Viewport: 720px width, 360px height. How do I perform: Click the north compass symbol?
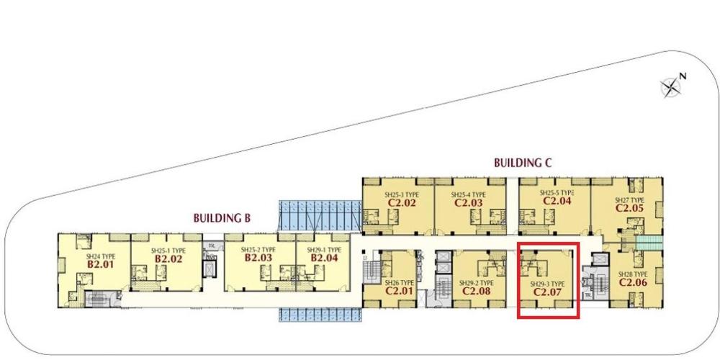click(x=671, y=86)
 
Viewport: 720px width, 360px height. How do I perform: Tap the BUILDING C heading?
click(x=523, y=163)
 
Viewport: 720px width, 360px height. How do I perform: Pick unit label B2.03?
click(x=258, y=258)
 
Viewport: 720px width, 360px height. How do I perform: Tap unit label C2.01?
click(x=398, y=292)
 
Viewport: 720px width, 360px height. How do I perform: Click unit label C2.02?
click(x=402, y=203)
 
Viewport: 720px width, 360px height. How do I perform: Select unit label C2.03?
click(x=468, y=203)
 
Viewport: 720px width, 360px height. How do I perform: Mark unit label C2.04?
click(x=557, y=202)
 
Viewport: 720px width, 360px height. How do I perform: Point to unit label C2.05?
click(x=629, y=208)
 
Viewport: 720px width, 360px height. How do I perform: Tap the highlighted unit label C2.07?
click(x=547, y=292)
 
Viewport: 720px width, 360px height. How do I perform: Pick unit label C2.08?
click(x=476, y=292)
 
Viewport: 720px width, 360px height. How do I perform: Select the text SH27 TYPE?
click(x=629, y=200)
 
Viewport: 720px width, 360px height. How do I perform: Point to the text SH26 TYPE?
click(x=398, y=283)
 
